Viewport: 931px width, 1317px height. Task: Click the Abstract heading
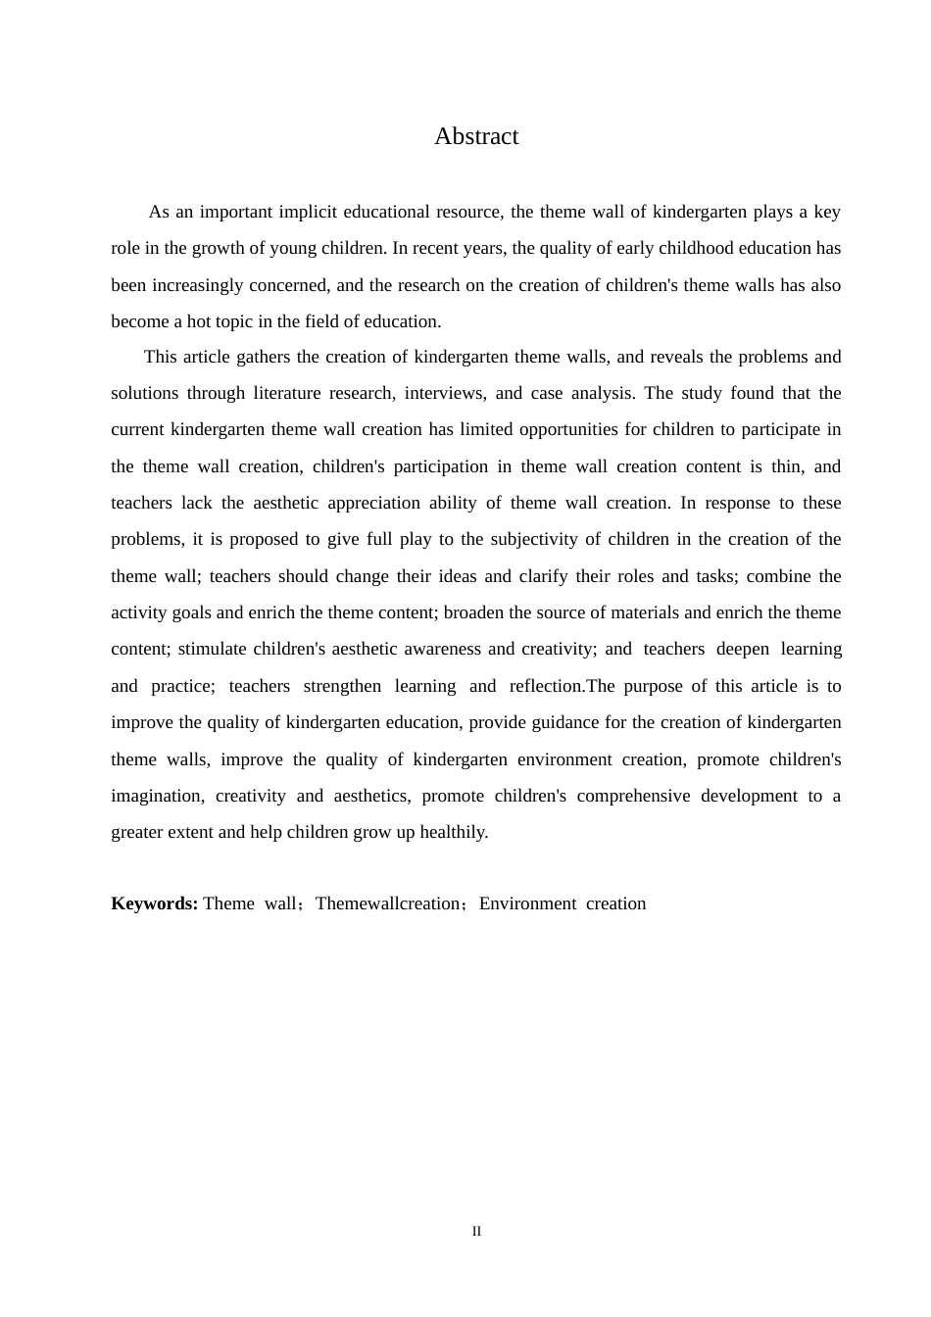pyautogui.click(x=476, y=136)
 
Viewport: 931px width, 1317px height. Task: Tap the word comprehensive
pyautogui.click(x=633, y=796)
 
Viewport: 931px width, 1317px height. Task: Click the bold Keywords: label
pyautogui.click(x=155, y=903)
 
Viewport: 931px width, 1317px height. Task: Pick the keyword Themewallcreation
pyautogui.click(x=387, y=903)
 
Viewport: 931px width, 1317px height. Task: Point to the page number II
pyautogui.click(x=476, y=1232)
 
